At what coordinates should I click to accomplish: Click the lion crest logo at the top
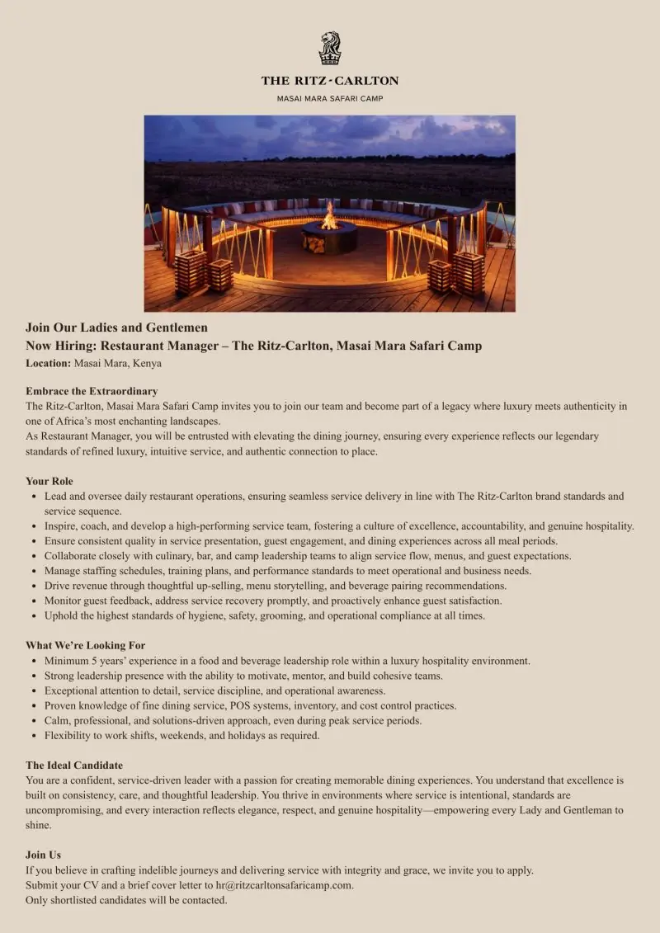(x=330, y=49)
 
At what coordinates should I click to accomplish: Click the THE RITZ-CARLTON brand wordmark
(x=330, y=81)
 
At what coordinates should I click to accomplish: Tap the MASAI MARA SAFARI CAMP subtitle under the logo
(x=330, y=98)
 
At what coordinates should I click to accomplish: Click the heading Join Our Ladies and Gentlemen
(x=116, y=327)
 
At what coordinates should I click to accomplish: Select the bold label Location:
(x=48, y=363)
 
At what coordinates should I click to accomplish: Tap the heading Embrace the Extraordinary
(x=92, y=391)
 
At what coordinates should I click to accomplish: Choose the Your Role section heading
(x=49, y=481)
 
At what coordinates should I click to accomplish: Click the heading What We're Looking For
(x=86, y=645)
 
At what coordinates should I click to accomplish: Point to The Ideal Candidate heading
(x=74, y=766)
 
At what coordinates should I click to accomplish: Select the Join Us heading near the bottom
(x=43, y=855)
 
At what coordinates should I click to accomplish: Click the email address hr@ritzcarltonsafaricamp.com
(x=285, y=885)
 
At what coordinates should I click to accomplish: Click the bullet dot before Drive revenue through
(x=32, y=586)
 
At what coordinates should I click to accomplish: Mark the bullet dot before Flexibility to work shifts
(x=32, y=735)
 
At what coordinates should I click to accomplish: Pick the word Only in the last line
(x=38, y=900)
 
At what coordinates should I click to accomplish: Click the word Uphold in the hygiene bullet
(x=61, y=615)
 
